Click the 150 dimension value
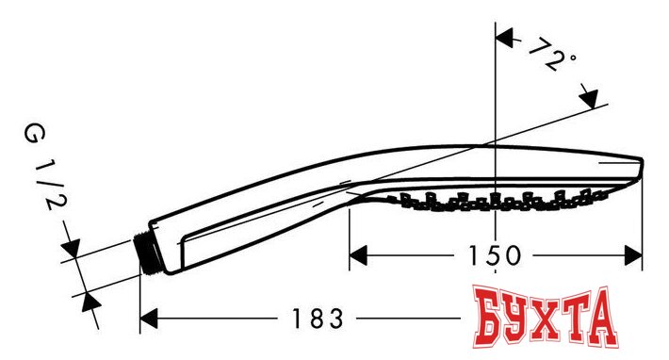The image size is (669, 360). point(494,254)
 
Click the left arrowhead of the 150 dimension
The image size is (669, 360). point(360,254)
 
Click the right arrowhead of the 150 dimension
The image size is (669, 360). point(631,254)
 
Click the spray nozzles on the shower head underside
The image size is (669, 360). point(499,199)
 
